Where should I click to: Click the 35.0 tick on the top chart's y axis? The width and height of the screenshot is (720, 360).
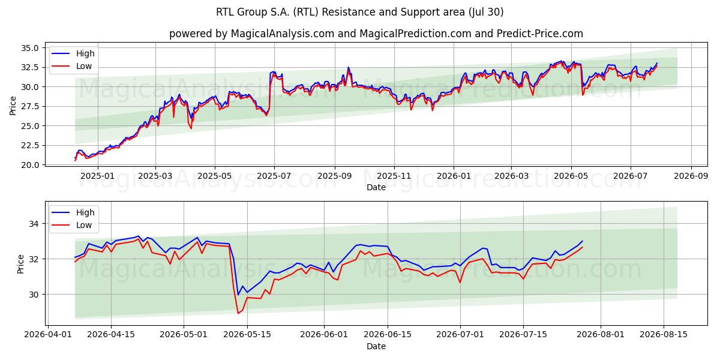pyautogui.click(x=29, y=48)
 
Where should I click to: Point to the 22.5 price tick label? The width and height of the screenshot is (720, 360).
pyautogui.click(x=29, y=146)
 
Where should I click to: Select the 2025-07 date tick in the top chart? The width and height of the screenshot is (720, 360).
pyautogui.click(x=274, y=176)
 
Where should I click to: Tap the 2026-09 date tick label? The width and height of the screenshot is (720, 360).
pyautogui.click(x=691, y=176)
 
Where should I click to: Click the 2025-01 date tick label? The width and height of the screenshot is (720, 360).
pyautogui.click(x=97, y=176)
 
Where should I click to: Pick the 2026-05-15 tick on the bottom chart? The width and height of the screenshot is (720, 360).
pyautogui.click(x=247, y=335)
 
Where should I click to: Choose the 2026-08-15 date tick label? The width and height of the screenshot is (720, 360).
pyautogui.click(x=664, y=335)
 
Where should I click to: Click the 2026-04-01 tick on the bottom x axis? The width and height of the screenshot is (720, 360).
pyautogui.click(x=48, y=335)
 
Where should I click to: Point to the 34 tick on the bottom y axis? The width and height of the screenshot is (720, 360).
pyautogui.click(x=34, y=224)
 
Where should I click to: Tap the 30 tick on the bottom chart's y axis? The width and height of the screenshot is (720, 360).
pyautogui.click(x=34, y=295)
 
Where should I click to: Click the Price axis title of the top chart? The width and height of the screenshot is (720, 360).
pyautogui.click(x=13, y=106)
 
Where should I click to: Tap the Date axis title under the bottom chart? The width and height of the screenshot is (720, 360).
pyautogui.click(x=376, y=347)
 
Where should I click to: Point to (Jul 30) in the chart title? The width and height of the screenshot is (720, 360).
pyautogui.click(x=486, y=12)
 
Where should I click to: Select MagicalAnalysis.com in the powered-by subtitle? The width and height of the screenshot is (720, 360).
pyautogui.click(x=283, y=34)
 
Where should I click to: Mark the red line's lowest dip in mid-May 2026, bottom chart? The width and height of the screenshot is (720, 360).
pyautogui.click(x=238, y=313)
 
